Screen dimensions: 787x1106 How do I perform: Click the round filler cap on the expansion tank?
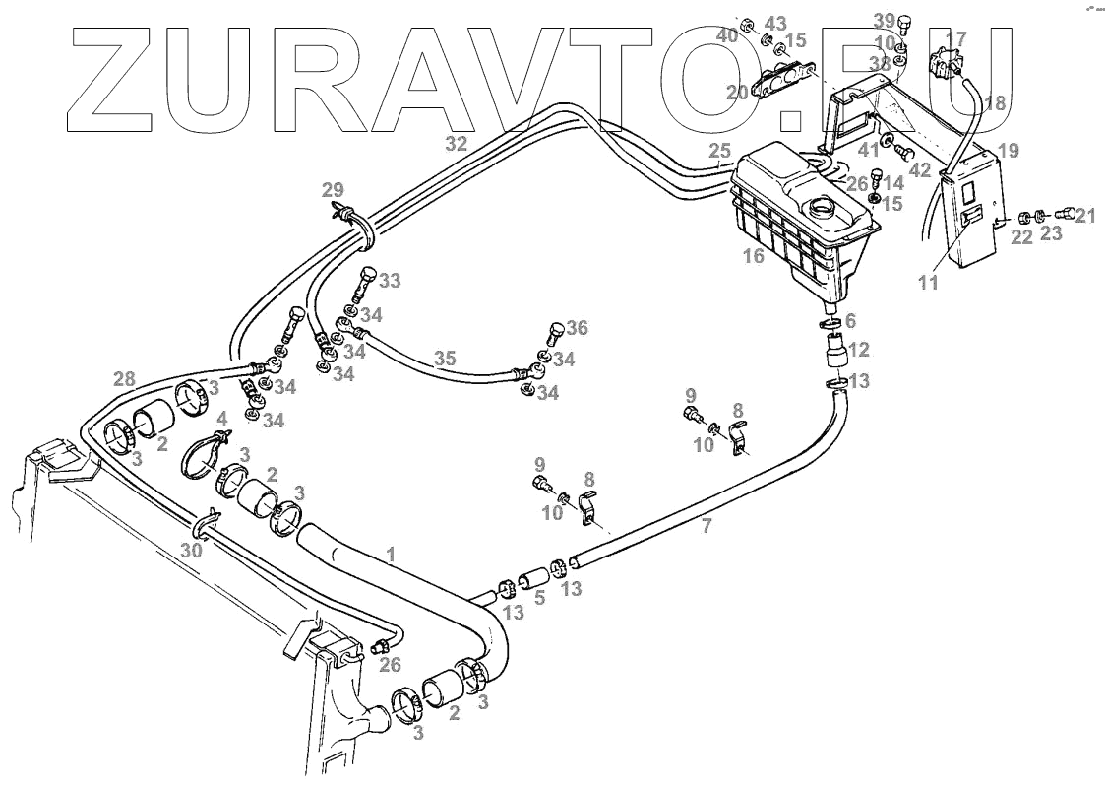820,210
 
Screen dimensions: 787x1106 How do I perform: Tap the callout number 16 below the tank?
755,257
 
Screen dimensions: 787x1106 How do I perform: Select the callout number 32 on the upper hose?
455,143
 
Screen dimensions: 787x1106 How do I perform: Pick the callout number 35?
446,358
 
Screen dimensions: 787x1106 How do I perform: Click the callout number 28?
123,379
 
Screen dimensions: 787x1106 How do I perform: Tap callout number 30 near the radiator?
190,550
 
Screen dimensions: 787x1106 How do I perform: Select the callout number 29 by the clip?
333,189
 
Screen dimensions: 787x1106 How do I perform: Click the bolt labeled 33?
365,281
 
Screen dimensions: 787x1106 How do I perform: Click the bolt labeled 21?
1063,215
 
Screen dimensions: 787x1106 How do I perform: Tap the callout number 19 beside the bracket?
1008,151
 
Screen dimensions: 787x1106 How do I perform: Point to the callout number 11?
928,283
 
